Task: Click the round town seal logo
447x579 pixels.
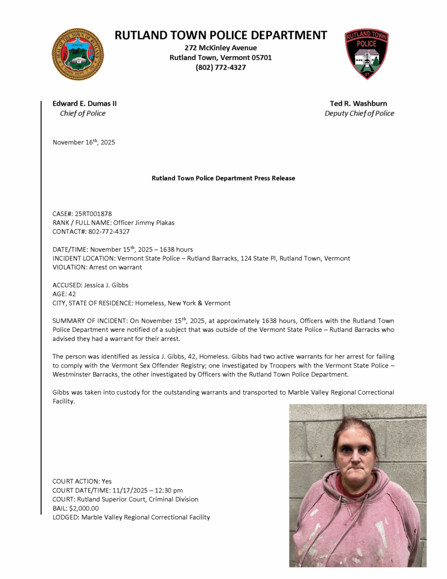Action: [78, 54]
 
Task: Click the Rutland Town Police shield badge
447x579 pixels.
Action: [366, 54]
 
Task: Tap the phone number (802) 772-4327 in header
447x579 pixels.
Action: [220, 67]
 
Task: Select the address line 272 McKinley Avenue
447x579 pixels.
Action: [220, 47]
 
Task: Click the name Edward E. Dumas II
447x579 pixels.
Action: [85, 103]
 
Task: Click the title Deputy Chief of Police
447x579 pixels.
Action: [359, 113]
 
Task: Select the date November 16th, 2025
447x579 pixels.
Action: [84, 142]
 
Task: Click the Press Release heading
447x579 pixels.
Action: [223, 178]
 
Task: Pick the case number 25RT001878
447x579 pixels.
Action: [93, 214]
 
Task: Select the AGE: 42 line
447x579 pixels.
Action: [64, 294]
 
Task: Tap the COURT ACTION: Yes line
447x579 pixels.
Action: [82, 481]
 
